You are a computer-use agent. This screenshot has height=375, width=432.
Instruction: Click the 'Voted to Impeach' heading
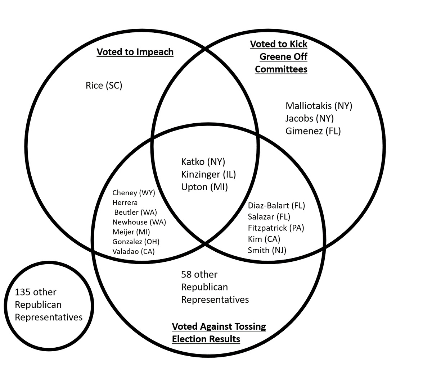click(135, 52)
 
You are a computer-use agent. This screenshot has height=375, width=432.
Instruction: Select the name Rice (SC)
click(104, 86)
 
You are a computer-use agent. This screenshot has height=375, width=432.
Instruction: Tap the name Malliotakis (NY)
click(319, 106)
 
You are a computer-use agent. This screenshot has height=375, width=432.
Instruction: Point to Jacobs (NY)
click(309, 118)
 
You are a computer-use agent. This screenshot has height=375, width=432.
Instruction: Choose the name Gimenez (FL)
click(313, 131)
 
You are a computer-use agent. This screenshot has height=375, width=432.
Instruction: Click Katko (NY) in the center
click(203, 162)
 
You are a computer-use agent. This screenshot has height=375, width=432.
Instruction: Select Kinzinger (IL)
click(208, 174)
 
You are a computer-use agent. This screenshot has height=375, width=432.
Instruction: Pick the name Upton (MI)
click(204, 187)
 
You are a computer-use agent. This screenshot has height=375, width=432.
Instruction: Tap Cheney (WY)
click(134, 193)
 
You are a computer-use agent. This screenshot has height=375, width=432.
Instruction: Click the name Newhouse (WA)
click(139, 222)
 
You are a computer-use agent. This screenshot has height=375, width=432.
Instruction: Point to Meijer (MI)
click(131, 232)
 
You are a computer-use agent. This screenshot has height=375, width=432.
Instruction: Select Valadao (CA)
click(133, 251)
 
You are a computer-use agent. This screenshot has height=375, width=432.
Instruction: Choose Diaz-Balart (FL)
click(276, 206)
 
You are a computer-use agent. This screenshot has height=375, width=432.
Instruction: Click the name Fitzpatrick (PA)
click(276, 228)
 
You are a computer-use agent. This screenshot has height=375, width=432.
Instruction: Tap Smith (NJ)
click(267, 250)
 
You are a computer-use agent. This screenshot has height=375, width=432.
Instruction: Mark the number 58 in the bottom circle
click(187, 275)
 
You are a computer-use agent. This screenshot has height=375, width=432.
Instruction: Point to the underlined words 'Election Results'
click(206, 339)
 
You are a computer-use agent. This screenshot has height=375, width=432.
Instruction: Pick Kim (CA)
click(264, 239)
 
